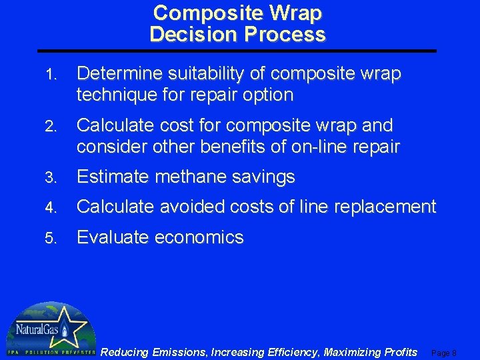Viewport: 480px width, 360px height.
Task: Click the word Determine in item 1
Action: [x=117, y=74]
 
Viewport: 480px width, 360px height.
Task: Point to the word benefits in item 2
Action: [x=251, y=147]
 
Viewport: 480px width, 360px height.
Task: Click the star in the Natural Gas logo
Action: [x=63, y=329]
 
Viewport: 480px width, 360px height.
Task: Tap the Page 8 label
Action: [x=444, y=353]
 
